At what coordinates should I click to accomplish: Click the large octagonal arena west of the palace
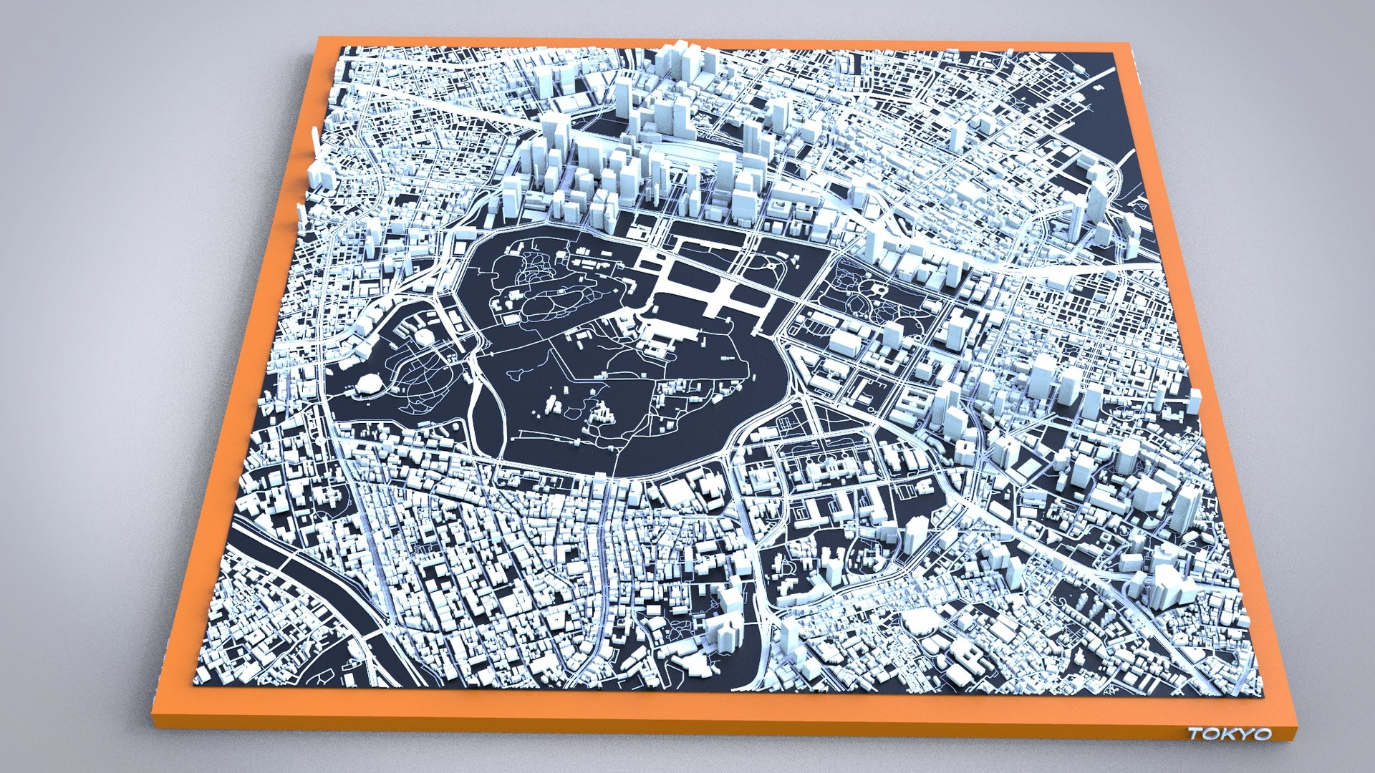click(x=370, y=384)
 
